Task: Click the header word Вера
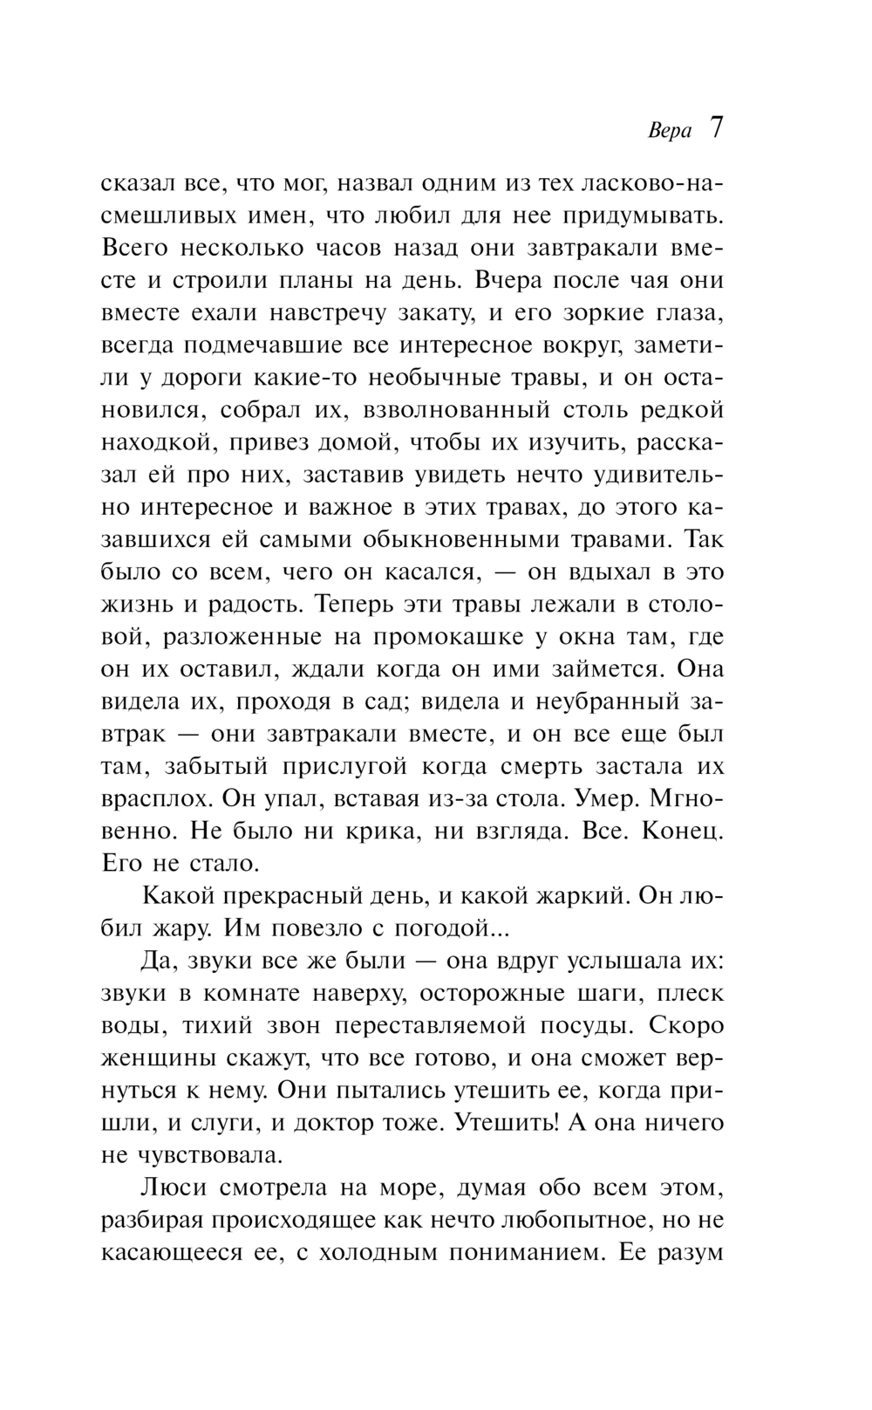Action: pos(670,131)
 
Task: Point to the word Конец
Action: pos(682,831)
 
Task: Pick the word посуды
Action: pos(572,1026)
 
